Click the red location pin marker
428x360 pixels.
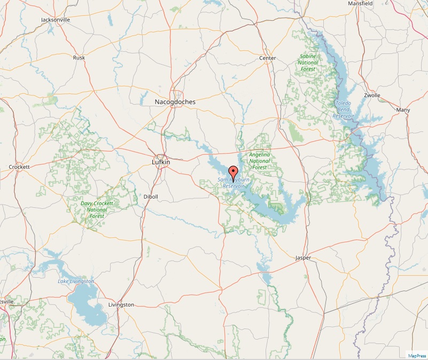click(232, 172)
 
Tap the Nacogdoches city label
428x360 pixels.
click(175, 101)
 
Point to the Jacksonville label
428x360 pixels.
click(56, 20)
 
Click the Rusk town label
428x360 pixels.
click(79, 57)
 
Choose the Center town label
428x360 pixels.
click(267, 58)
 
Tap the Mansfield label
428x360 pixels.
click(360, 3)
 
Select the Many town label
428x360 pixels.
click(403, 110)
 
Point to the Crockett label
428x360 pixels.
click(19, 167)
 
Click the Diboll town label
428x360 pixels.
click(151, 197)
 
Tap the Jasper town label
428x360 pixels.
click(303, 258)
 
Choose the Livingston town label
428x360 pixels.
click(121, 304)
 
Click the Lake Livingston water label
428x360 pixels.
click(76, 281)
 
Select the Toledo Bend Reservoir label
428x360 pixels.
click(343, 109)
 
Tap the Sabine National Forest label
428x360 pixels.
click(308, 62)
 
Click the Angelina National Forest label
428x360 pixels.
click(260, 161)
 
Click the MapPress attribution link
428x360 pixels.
click(417, 355)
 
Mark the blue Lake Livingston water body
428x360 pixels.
click(85, 302)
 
